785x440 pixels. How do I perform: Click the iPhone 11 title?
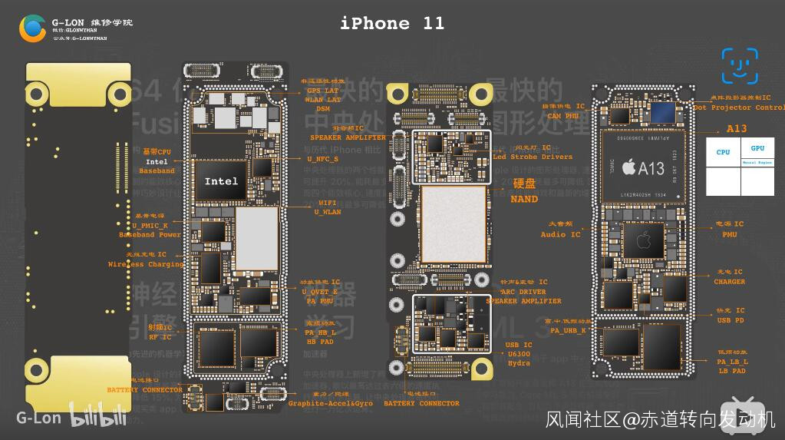point(392,23)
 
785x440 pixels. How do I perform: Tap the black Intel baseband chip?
point(221,181)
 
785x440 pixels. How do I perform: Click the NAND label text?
point(524,199)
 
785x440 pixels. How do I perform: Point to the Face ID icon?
point(740,66)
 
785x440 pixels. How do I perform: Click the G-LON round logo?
point(33,28)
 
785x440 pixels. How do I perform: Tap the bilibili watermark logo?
point(99,418)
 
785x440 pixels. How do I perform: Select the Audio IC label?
point(560,234)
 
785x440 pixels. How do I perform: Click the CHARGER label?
point(729,282)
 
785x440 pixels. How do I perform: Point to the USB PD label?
point(730,320)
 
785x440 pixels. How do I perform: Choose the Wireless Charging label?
point(146,264)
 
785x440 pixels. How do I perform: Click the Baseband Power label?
point(150,234)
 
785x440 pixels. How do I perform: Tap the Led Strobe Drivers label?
point(533,157)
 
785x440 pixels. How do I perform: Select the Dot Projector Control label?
point(738,108)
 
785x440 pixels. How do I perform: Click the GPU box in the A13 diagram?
point(757,148)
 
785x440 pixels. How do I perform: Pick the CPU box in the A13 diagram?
point(723,152)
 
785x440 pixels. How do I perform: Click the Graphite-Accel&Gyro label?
point(331,403)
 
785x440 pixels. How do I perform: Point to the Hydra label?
point(519,363)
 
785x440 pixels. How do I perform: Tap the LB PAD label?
point(732,371)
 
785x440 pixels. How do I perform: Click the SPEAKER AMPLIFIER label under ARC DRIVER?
point(523,301)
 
